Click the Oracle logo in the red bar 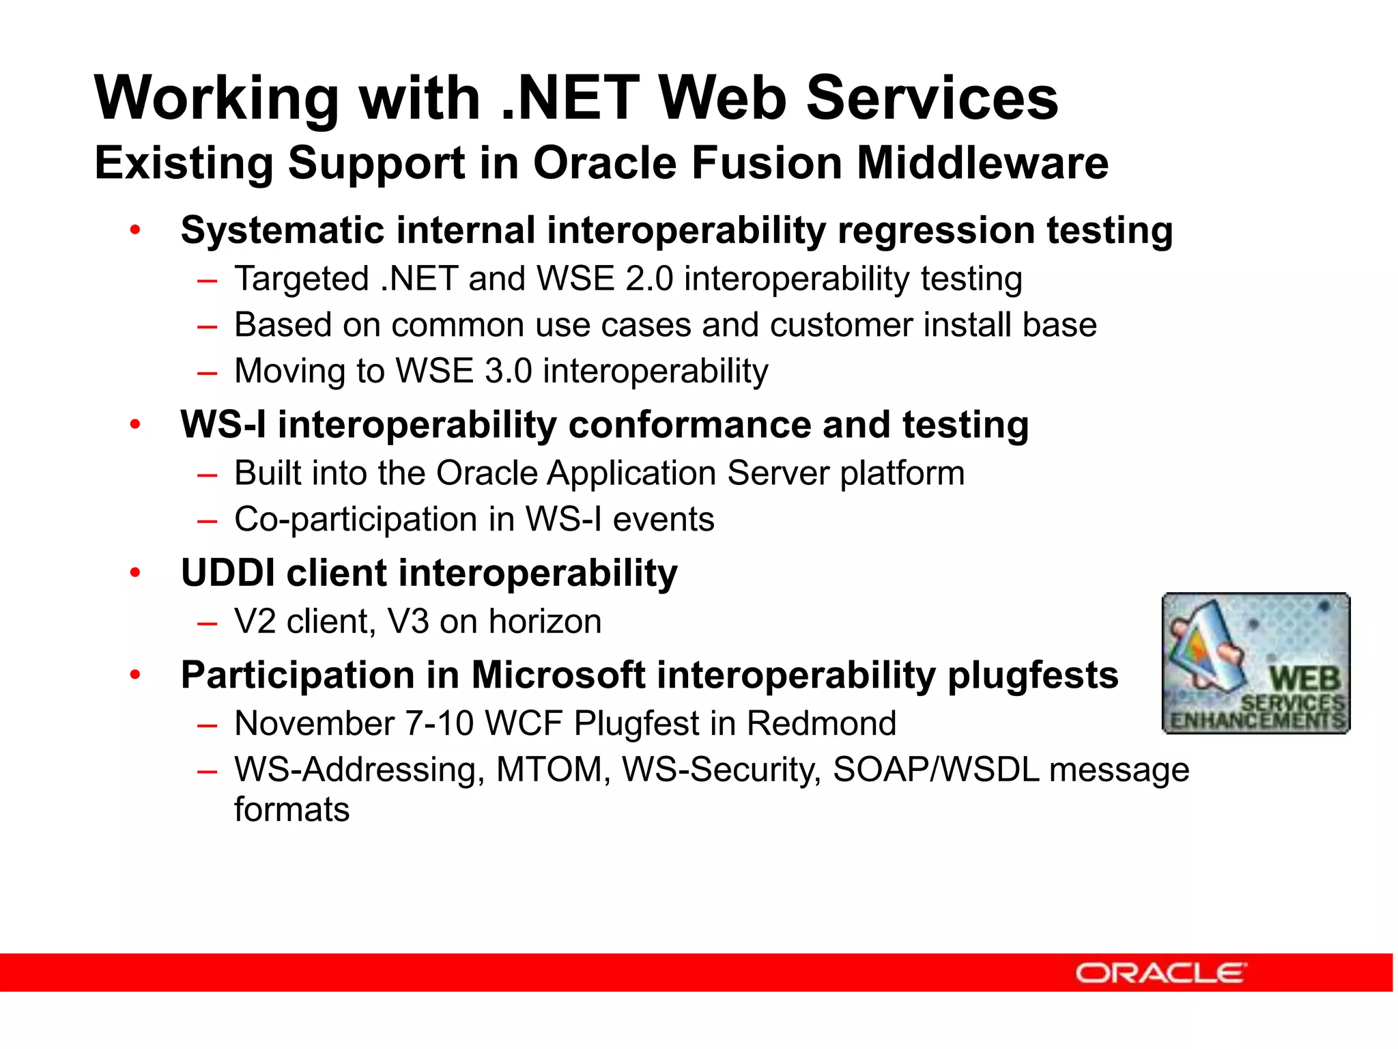point(1160,973)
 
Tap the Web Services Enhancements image point(1255,663)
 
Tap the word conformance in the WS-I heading point(689,425)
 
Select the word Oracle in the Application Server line point(487,473)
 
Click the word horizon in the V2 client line point(545,621)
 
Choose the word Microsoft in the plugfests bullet point(558,675)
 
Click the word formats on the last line point(291,810)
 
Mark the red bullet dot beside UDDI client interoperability point(135,572)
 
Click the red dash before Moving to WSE point(207,373)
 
